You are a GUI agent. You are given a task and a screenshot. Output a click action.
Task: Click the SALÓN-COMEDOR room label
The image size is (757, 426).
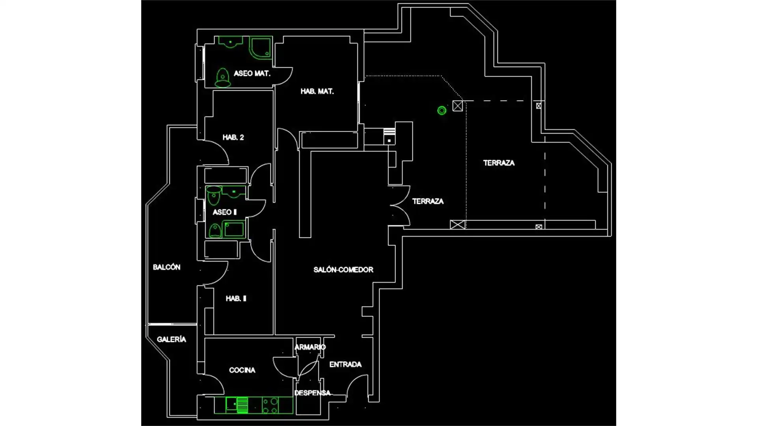click(x=343, y=270)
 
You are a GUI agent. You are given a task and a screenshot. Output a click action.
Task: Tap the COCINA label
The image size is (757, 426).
click(x=242, y=370)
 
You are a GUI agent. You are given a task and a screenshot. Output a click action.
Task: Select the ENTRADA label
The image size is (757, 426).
click(x=345, y=364)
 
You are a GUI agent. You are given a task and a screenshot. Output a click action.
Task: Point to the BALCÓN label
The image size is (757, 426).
click(x=166, y=267)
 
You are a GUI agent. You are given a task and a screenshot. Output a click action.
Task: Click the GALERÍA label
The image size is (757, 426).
click(x=171, y=339)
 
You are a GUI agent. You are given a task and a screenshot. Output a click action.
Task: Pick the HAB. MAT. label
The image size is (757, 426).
click(x=317, y=92)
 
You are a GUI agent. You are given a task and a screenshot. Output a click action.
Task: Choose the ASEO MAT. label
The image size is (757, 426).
click(x=252, y=73)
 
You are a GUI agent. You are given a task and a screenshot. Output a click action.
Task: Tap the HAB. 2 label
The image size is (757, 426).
click(x=233, y=137)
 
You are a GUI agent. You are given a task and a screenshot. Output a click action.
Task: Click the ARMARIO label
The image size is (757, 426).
click(x=310, y=347)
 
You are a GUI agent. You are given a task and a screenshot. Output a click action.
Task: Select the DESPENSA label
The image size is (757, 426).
click(x=312, y=393)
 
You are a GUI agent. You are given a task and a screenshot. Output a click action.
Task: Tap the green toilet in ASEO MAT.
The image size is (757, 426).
click(x=222, y=77)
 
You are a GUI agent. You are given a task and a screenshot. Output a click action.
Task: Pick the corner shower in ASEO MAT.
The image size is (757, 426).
click(x=260, y=48)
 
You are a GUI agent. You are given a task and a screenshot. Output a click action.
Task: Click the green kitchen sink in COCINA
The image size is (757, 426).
click(x=237, y=405)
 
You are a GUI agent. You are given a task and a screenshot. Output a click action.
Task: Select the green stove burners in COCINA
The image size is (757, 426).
click(x=270, y=405)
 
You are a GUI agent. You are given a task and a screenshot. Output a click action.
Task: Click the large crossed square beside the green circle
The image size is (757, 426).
click(x=457, y=106)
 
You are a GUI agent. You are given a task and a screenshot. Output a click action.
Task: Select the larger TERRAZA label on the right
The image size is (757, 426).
click(x=499, y=163)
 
